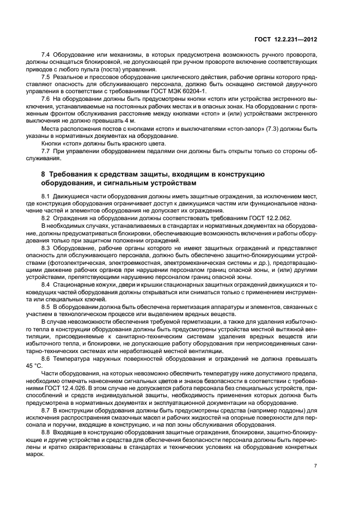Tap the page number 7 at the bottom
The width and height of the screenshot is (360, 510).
pyautogui.click(x=316, y=466)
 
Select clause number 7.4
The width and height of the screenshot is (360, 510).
pyautogui.click(x=46, y=56)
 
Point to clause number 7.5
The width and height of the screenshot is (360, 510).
pyautogui.click(x=46, y=77)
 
